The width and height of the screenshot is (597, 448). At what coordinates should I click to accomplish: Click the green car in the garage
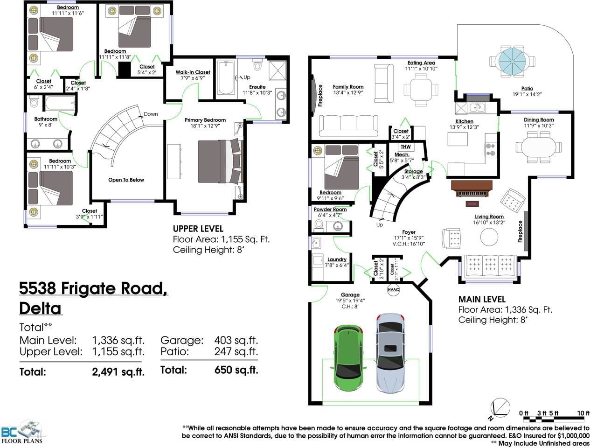(x=348, y=359)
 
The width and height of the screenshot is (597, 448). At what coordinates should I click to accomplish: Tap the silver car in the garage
(x=390, y=353)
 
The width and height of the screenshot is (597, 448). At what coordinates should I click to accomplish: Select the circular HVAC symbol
(x=393, y=289)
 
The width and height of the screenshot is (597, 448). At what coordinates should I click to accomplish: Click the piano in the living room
(x=472, y=189)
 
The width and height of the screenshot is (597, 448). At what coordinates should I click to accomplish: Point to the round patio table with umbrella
(x=512, y=61)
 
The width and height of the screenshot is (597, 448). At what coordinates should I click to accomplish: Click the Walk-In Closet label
(x=193, y=72)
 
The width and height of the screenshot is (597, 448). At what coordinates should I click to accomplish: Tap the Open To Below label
(x=126, y=180)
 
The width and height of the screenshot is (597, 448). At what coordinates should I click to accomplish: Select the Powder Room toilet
(x=319, y=225)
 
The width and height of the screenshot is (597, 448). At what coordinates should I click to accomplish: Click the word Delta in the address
(x=40, y=308)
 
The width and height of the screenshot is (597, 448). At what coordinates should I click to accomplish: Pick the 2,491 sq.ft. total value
(x=118, y=371)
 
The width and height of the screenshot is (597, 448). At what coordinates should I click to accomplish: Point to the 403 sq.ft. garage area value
(x=236, y=340)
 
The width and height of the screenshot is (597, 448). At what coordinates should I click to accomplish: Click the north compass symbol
(x=500, y=408)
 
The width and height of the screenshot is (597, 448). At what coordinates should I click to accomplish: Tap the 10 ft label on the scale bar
(x=583, y=413)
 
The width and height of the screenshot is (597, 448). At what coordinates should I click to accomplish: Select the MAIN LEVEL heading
(x=482, y=300)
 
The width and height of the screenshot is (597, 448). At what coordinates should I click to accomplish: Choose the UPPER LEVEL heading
(x=198, y=229)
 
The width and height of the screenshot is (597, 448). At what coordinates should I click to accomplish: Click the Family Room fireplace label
(x=320, y=96)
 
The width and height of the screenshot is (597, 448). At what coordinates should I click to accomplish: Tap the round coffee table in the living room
(x=489, y=237)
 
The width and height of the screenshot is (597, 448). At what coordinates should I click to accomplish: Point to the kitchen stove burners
(x=490, y=150)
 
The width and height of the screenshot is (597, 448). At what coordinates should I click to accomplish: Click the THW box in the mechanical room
(x=405, y=147)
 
